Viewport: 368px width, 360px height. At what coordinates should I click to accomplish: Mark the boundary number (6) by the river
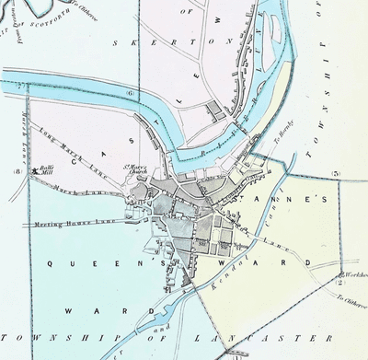point(130,93)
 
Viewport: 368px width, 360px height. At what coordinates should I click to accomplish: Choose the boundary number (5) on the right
point(337,173)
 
